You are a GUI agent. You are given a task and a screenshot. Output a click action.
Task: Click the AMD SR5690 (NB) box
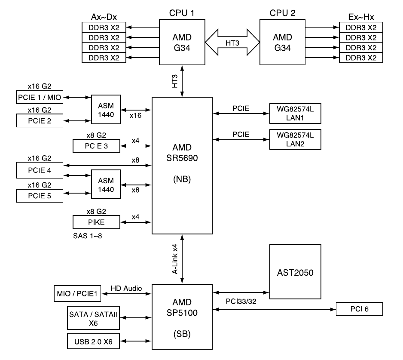183,166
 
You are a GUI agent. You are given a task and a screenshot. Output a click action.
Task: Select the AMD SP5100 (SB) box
183,316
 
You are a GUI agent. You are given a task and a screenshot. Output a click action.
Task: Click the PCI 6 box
359,309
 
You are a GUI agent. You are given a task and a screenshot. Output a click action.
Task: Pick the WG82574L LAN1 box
295,114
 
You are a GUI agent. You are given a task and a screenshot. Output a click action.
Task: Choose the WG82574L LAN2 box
295,139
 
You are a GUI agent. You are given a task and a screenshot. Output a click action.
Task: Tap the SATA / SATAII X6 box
93,318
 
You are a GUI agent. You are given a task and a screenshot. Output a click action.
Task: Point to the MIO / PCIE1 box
77,293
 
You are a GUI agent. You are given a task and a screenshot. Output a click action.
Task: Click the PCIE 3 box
97,146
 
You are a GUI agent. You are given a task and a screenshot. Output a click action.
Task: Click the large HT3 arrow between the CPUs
232,43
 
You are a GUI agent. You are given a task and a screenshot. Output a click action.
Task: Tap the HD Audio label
126,287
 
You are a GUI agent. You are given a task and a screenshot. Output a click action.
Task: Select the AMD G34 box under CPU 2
281,43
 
